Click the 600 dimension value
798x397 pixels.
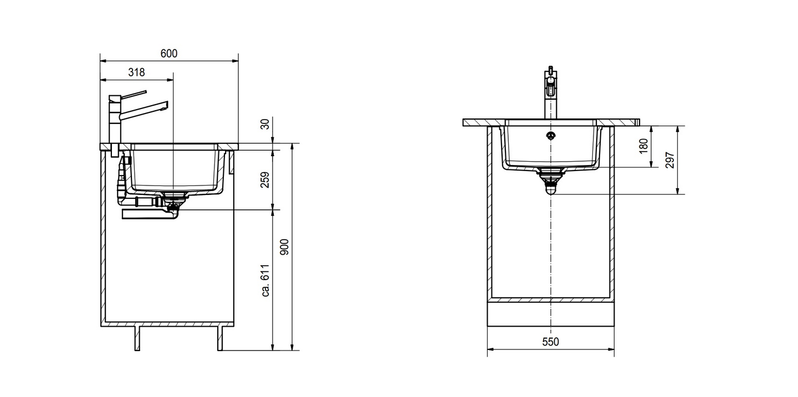click(x=169, y=53)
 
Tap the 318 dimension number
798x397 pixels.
click(x=136, y=73)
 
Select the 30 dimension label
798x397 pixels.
click(x=265, y=124)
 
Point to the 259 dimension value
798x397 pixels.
click(x=265, y=180)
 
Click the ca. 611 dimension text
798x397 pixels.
click(x=265, y=281)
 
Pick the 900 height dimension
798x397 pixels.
click(x=285, y=247)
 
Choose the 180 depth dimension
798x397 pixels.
click(x=644, y=146)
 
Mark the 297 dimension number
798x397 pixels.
click(x=670, y=160)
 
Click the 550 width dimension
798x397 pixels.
click(x=550, y=342)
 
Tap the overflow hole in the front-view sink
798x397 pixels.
click(x=551, y=135)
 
